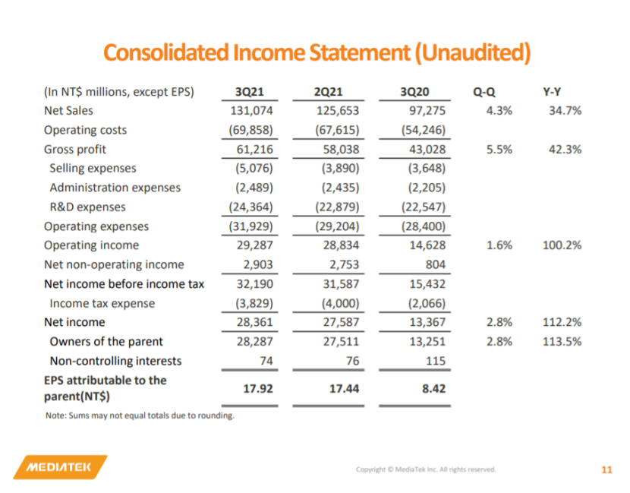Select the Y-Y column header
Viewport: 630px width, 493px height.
(x=552, y=93)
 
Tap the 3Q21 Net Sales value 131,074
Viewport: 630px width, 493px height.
(x=250, y=111)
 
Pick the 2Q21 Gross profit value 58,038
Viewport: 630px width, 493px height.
(x=337, y=150)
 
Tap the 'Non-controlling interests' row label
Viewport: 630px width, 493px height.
(x=115, y=361)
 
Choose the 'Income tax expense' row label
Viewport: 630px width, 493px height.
(x=102, y=303)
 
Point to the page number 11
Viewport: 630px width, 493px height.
(x=606, y=469)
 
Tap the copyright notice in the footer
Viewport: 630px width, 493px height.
(x=426, y=469)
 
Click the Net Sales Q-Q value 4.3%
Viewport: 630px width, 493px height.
(x=499, y=111)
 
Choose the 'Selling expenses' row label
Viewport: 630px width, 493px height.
(x=93, y=169)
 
